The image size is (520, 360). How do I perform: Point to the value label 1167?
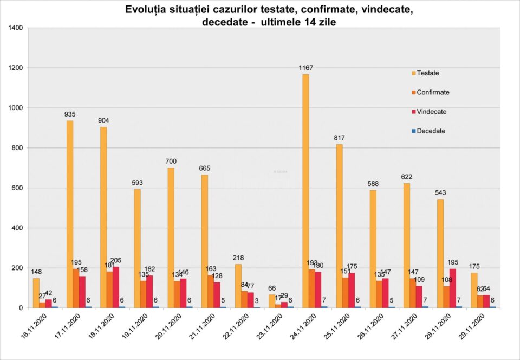pyautogui.click(x=306, y=68)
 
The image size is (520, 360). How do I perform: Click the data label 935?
pyautogui.click(x=70, y=114)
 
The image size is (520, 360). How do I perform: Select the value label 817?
pyautogui.click(x=340, y=138)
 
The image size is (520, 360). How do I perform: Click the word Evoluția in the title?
pyautogui.click(x=145, y=10)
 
